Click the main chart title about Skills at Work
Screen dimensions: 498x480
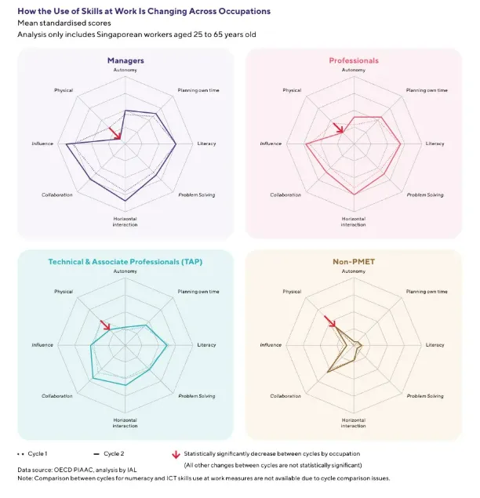[144, 12]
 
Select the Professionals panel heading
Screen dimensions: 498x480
[353, 60]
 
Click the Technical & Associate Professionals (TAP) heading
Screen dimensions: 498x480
[125, 262]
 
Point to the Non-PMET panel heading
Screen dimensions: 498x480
[353, 262]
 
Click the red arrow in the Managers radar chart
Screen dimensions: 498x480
[115, 133]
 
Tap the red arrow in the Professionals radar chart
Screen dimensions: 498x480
[338, 128]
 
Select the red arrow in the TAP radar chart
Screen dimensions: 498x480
[105, 325]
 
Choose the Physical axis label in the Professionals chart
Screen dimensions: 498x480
[292, 90]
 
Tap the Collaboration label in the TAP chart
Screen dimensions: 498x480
[57, 396]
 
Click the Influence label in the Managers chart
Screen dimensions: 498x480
[42, 144]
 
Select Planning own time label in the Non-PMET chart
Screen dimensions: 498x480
[427, 292]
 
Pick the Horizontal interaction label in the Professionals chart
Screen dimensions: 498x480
[353, 221]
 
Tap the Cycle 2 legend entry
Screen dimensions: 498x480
[110, 453]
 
